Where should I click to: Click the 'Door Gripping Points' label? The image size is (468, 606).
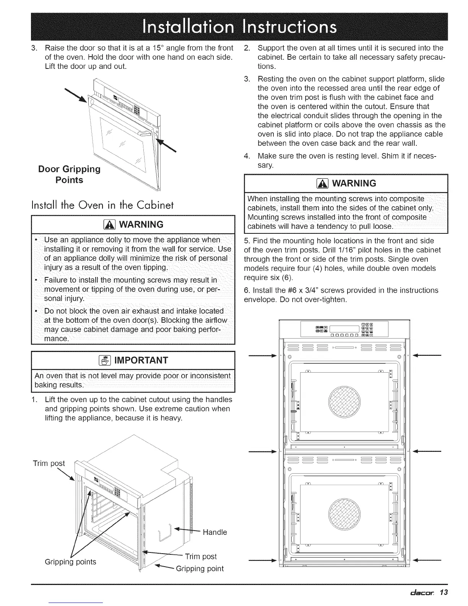69,174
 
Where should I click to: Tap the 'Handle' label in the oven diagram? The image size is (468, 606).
214,532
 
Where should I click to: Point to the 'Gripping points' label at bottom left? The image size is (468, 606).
70,562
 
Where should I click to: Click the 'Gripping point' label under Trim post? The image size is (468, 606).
200,569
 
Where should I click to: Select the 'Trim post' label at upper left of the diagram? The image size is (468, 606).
49,463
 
